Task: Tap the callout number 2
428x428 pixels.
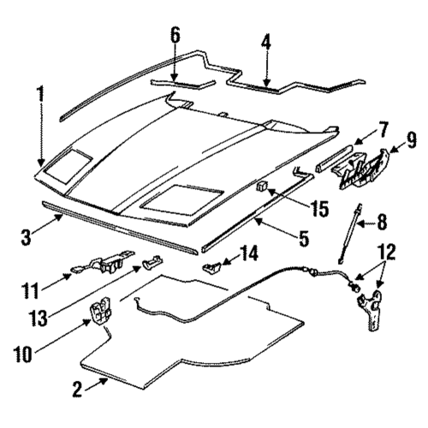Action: point(77,389)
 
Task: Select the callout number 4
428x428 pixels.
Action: point(266,42)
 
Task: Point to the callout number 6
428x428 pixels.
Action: point(175,36)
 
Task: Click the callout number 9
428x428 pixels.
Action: point(411,140)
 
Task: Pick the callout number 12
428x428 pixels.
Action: point(387,252)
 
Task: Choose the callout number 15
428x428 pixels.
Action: point(319,209)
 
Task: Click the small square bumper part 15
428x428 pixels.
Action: point(263,186)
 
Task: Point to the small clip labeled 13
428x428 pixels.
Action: point(152,262)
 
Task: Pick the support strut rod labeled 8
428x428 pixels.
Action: point(350,233)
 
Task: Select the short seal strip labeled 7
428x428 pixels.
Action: point(334,158)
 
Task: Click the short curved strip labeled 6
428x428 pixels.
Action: point(182,84)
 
